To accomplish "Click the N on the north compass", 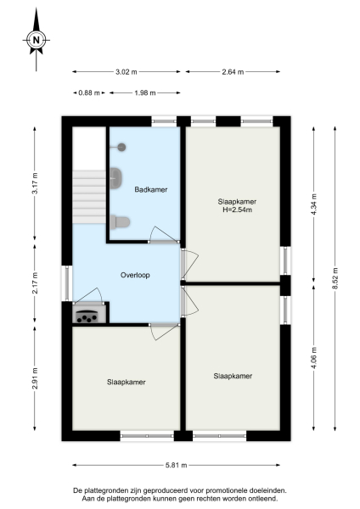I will tap(36, 39).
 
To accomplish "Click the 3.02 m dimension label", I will tap(127, 72).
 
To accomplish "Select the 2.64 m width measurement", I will tap(233, 72).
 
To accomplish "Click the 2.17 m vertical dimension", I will tap(35, 282).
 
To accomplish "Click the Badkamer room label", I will tap(151, 189).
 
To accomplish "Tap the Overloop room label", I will tap(135, 275).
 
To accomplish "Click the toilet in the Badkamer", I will tap(120, 222).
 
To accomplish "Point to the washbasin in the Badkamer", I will tap(116, 178).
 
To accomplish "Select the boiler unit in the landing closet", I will tap(87, 316).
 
